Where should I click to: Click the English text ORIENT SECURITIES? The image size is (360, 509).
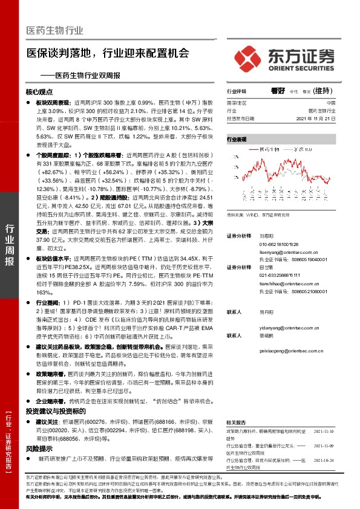click(x=300, y=69)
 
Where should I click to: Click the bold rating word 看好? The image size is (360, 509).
click(x=278, y=91)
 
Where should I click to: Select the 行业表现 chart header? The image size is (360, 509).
click(x=237, y=139)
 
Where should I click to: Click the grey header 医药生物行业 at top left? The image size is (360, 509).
click(x=54, y=31)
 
